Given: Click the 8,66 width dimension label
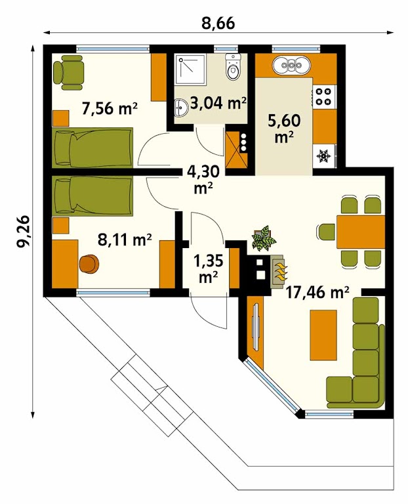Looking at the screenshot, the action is (218, 23).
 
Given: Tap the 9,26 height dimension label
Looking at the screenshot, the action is (24, 232).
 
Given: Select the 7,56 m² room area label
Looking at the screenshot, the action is (110, 108).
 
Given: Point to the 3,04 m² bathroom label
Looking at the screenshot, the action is (218, 104).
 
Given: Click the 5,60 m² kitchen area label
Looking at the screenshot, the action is (284, 128).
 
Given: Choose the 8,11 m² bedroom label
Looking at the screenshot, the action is (125, 240).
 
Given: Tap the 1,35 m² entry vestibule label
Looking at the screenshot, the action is (209, 268).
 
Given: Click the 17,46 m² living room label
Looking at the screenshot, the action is (317, 293).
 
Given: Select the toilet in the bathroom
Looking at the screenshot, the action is (233, 66).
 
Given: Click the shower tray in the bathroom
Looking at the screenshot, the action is (192, 70).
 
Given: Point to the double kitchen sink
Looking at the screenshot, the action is (292, 65).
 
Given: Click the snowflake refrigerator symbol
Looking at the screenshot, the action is (324, 156).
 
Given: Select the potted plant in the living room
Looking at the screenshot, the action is (264, 238).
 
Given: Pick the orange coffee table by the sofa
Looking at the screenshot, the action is (323, 335).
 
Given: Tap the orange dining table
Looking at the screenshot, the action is (361, 232).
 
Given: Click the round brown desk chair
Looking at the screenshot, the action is (89, 264).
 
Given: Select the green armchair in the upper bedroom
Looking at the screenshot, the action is (69, 72).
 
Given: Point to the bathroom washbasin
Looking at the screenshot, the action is (181, 108).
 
